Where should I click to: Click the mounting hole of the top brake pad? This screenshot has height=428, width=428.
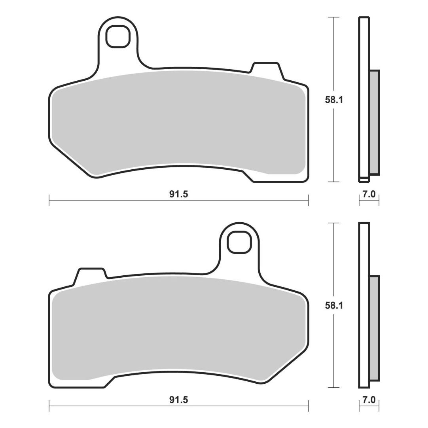[117, 36]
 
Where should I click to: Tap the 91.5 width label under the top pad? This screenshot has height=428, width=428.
[179, 194]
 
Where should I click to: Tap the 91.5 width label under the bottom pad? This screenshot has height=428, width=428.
[179, 400]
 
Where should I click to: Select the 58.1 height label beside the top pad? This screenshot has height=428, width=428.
[334, 100]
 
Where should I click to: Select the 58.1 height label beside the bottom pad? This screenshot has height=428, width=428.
[334, 305]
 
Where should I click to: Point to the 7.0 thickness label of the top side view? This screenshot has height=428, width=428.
[369, 194]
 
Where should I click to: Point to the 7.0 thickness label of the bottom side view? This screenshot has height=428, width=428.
[369, 400]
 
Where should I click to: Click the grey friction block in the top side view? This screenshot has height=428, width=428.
[375, 123]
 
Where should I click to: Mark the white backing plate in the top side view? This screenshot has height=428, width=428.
[364, 99]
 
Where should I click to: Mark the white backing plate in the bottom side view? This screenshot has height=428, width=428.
[364, 305]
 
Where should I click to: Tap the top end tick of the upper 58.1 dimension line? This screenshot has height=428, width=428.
[334, 17]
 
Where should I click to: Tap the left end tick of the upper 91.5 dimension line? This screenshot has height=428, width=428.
[49, 200]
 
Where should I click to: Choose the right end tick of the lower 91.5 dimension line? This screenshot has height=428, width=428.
[308, 406]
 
